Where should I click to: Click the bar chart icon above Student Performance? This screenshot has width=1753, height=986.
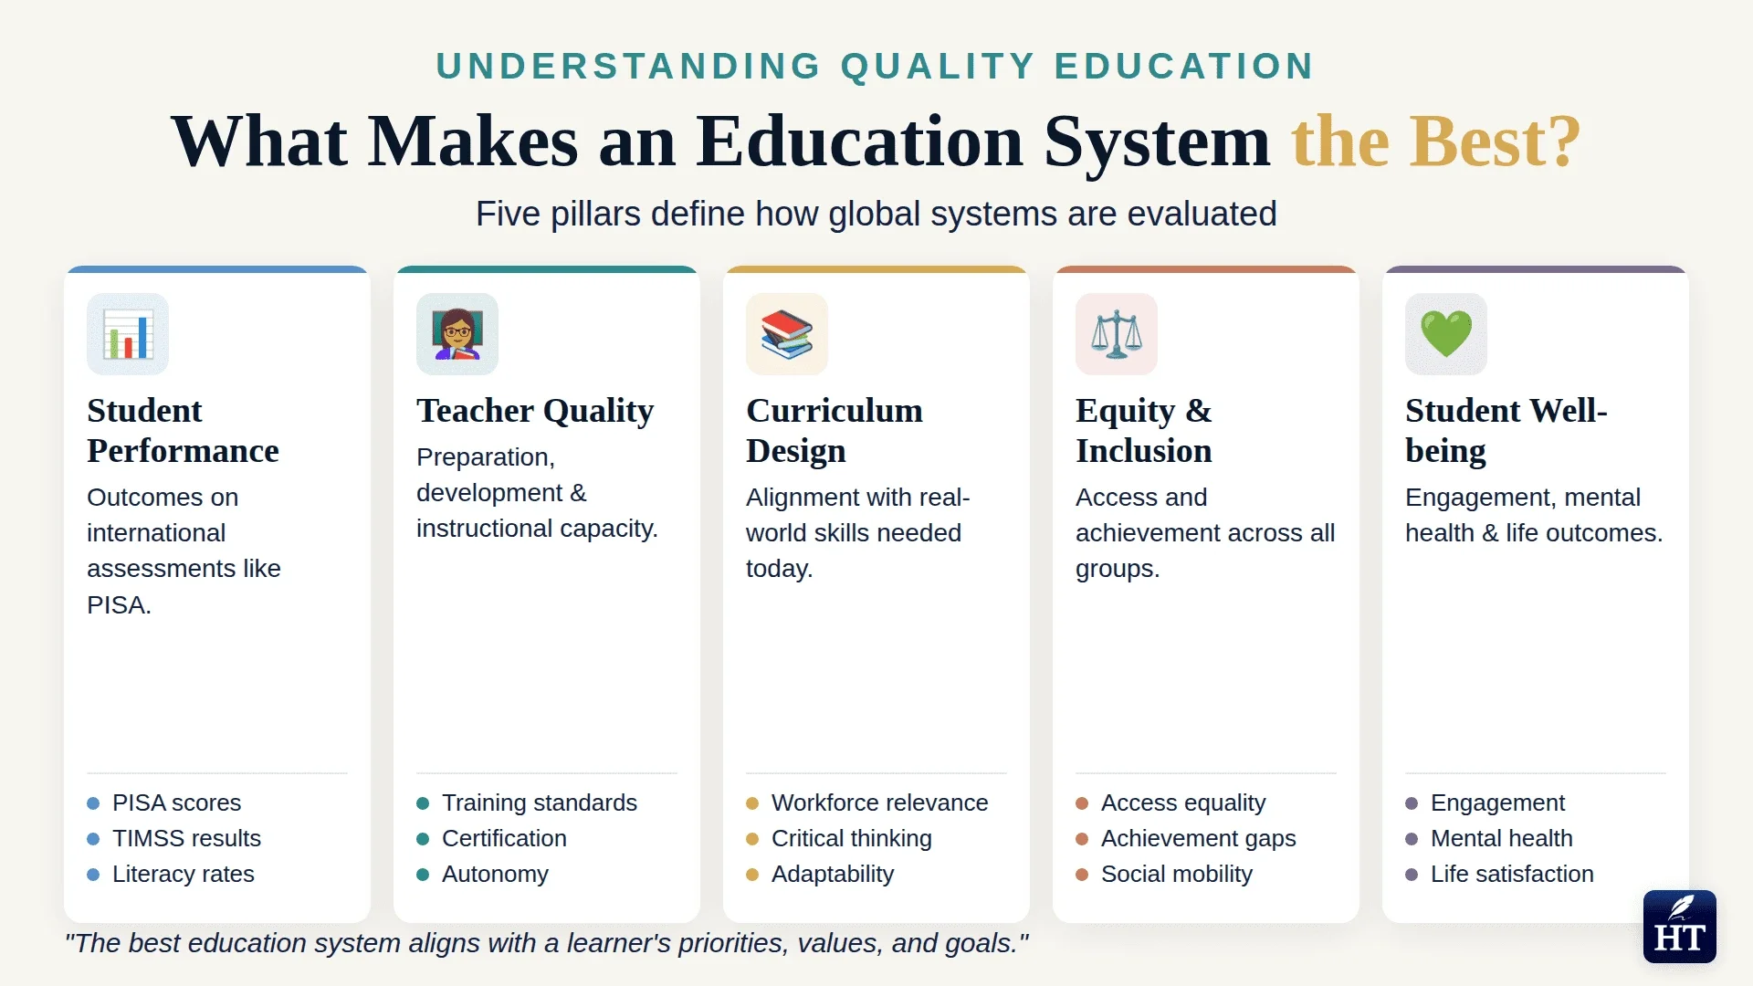(128, 334)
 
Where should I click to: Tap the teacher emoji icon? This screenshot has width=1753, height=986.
(457, 334)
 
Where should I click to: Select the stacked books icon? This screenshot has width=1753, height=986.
(787, 334)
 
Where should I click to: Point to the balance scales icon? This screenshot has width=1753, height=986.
(1117, 334)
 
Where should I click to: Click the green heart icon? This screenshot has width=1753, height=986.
(1446, 334)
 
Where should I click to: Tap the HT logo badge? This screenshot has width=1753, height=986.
(1679, 927)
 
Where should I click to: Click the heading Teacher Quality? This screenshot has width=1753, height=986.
(535, 411)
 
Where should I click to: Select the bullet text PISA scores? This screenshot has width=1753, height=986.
(176, 802)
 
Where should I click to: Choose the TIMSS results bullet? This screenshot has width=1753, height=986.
(186, 838)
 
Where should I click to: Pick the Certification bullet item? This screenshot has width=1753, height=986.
(504, 838)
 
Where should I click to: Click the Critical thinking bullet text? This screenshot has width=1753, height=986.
(851, 838)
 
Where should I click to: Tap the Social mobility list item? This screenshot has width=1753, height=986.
(1176, 874)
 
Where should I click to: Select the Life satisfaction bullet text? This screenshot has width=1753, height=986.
(1512, 874)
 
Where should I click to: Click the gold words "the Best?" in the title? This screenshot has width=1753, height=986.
(1435, 142)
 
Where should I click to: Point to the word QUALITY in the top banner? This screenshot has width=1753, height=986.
(938, 67)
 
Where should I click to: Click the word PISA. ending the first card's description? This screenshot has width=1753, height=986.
(119, 604)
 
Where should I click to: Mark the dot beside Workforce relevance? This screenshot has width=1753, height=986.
(752, 803)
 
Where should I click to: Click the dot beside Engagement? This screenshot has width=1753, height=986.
(1412, 803)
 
